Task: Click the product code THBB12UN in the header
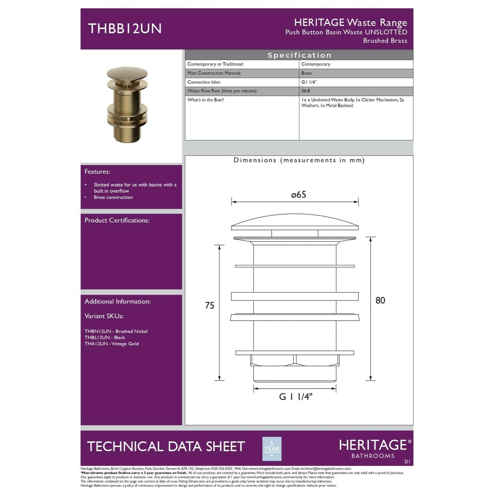pos(125,28)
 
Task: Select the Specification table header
pos(299,55)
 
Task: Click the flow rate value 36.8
pos(306,91)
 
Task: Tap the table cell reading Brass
pos(307,73)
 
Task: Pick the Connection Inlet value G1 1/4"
pos(309,82)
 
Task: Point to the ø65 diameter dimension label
pos(299,195)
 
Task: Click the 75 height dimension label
pos(210,306)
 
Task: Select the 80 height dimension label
pos(380,300)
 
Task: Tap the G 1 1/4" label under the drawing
pos(296,397)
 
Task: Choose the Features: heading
pos(97,172)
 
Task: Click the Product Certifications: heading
pos(117,220)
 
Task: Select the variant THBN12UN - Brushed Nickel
pos(116,331)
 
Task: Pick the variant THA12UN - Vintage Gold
pos(111,344)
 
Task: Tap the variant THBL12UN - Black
pos(105,337)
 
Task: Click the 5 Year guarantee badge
pos(272,449)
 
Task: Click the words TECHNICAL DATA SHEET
pos(166,447)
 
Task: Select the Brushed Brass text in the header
pos(385,41)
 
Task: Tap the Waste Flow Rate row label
pos(222,91)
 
